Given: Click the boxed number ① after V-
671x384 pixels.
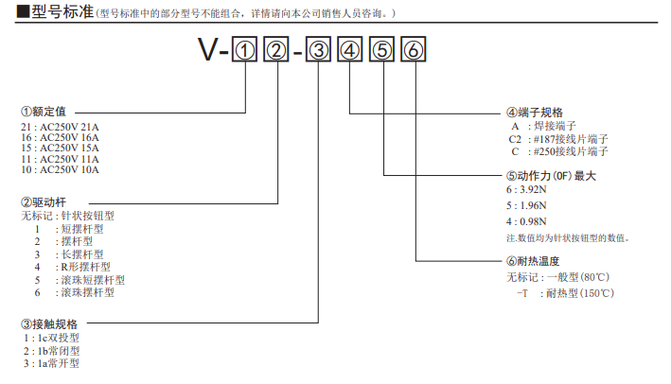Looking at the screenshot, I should click(245, 53).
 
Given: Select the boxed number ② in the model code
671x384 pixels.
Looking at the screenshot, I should click(276, 53).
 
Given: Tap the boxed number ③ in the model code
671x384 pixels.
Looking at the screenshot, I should click(320, 53).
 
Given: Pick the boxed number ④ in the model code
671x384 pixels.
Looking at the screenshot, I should click(351, 53).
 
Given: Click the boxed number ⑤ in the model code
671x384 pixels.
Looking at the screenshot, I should click(382, 53).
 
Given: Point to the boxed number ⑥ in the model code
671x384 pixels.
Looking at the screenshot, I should click(414, 53).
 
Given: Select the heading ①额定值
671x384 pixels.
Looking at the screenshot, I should click(44, 112).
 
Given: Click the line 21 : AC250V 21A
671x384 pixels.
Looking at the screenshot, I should click(59, 126).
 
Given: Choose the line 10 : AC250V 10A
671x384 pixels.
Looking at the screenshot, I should click(59, 170).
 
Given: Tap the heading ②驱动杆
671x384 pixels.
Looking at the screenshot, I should click(44, 201).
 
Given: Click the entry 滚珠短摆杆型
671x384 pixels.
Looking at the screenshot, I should click(92, 280).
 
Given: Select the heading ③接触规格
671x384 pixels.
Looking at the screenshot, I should click(48, 324).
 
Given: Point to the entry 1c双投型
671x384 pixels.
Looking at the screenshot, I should click(52, 338).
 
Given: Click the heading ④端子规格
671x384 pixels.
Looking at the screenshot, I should click(535, 112).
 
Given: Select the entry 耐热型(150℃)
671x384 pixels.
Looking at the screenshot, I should click(580, 292).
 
